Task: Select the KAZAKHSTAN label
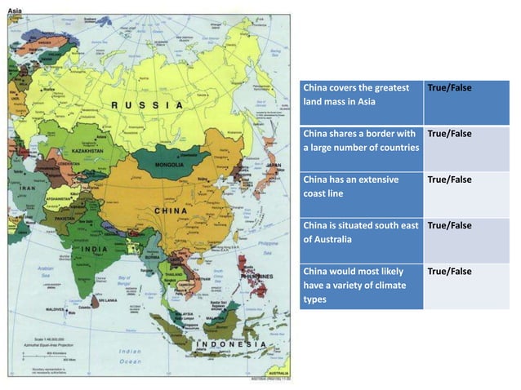[x=86, y=151]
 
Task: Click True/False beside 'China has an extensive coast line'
[x=450, y=179]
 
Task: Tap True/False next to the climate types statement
[x=450, y=271]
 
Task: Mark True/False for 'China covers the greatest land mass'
[x=450, y=87]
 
